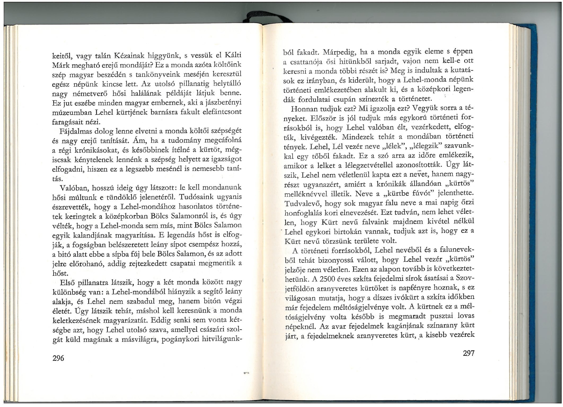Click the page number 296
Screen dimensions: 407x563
58,358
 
